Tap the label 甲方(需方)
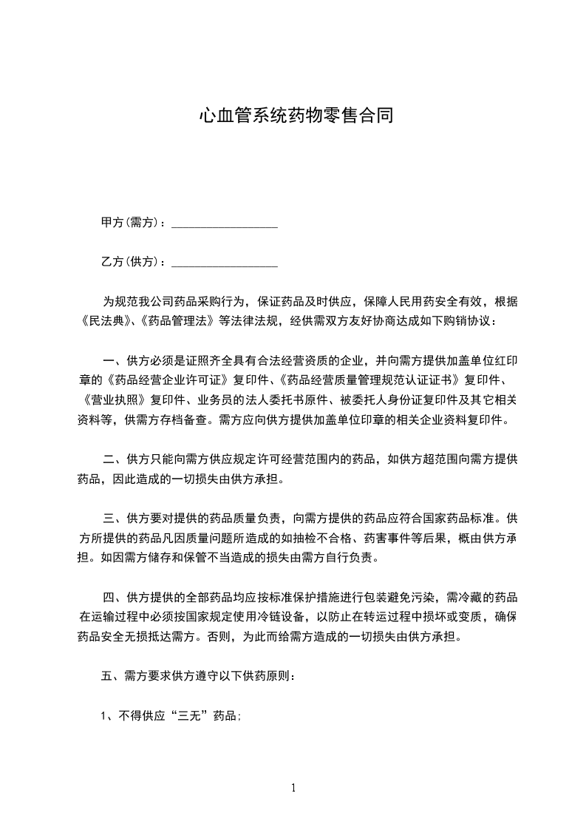129,223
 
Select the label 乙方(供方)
129,262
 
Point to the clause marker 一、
114,361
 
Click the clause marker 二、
114,459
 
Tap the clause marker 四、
114,597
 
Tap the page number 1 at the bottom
293,788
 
